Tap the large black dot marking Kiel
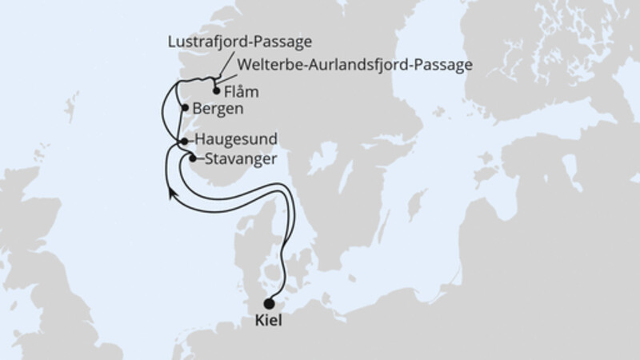point(269,303)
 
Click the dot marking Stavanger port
point(192,158)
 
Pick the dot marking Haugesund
point(184,141)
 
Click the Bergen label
point(218,108)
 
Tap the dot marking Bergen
point(185,108)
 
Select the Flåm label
point(243,90)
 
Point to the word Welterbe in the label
point(267,63)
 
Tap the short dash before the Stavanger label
point(199,158)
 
